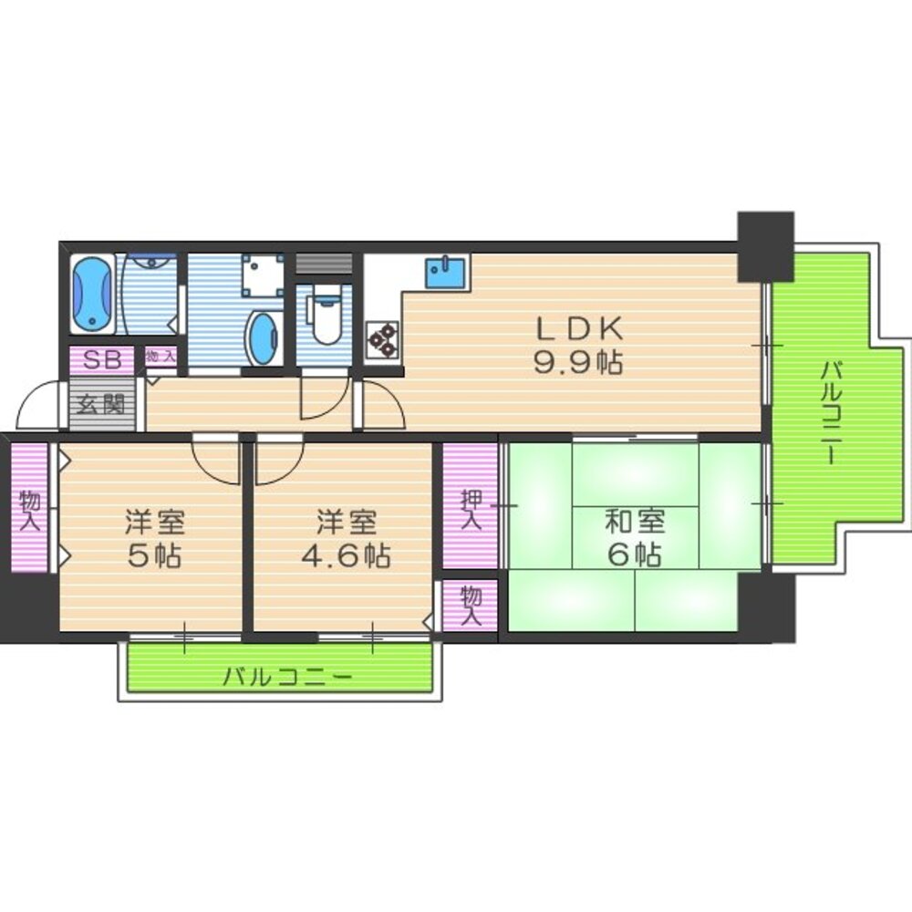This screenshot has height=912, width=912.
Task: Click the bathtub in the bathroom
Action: click(x=92, y=294)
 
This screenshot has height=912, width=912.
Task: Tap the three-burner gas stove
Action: click(x=382, y=338)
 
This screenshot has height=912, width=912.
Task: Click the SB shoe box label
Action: click(x=102, y=359)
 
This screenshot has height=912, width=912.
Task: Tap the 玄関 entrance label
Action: click(x=99, y=403)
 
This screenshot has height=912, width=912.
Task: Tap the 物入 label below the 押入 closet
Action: click(x=471, y=605)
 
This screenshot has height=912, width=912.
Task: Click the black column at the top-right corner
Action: click(x=765, y=245)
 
